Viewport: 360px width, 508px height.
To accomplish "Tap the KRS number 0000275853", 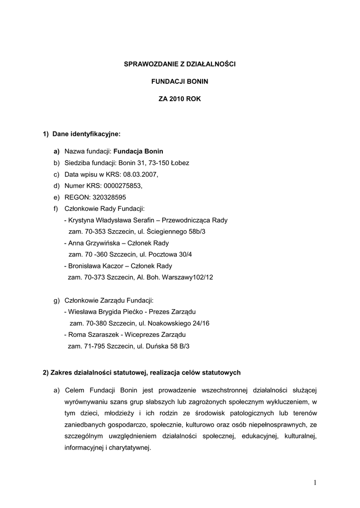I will coord(121,186).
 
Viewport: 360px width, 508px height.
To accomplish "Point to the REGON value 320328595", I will coord(112,197).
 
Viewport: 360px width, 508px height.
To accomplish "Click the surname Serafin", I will coord(142,220).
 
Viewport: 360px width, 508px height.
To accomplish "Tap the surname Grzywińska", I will coord(102,243).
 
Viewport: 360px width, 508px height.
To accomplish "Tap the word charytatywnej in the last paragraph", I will coord(128,447).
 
